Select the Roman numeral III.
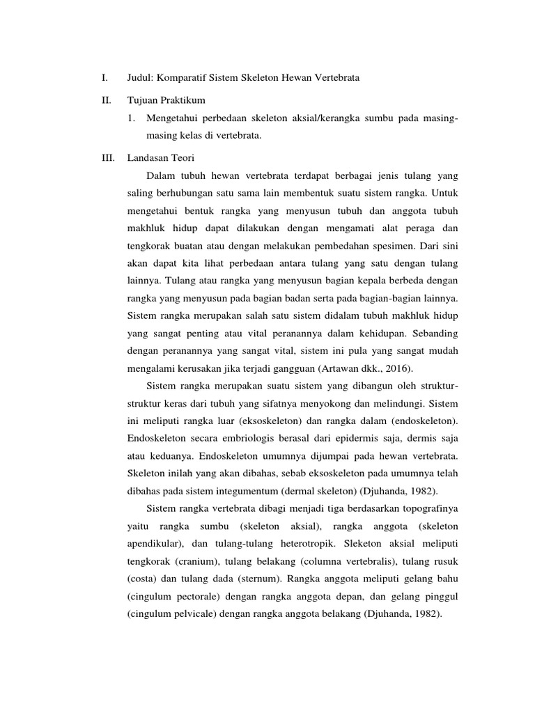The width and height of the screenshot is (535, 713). (x=107, y=159)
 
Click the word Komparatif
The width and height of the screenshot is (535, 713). (x=184, y=78)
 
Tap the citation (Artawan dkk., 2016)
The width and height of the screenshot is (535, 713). (x=370, y=368)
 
